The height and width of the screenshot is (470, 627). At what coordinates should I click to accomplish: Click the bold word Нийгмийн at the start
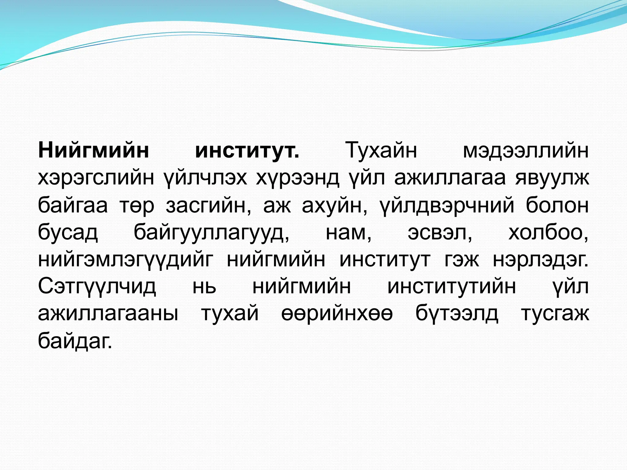(x=93, y=151)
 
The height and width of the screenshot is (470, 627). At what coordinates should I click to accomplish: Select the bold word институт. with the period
(x=247, y=151)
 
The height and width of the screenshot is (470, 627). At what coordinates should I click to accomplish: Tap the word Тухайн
(x=381, y=151)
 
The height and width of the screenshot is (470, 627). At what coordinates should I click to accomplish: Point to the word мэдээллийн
(x=525, y=151)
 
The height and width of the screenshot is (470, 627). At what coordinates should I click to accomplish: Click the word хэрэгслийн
(x=96, y=178)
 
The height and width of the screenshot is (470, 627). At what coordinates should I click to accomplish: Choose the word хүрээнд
(x=297, y=178)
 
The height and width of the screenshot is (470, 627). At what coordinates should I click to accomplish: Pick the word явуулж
(x=552, y=178)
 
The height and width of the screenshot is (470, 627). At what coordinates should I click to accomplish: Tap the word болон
(x=557, y=205)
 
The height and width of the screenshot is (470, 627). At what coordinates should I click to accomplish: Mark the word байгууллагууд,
(x=212, y=233)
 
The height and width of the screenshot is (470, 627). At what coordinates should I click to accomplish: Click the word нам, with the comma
(x=348, y=233)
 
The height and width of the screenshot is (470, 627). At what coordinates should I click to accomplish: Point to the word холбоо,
(x=548, y=233)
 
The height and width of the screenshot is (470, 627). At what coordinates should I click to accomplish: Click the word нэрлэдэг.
(x=541, y=261)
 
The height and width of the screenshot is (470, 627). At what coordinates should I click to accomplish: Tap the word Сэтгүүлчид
(x=97, y=287)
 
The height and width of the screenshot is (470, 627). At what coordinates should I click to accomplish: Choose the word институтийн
(x=452, y=287)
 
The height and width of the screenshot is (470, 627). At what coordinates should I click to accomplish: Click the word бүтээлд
(x=456, y=314)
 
